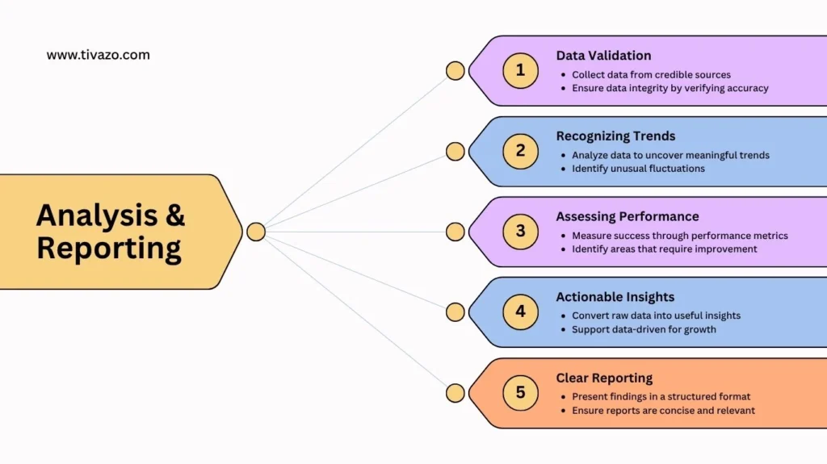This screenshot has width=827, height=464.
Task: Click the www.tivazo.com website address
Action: tap(98, 55)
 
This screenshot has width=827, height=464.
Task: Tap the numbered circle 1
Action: tap(520, 70)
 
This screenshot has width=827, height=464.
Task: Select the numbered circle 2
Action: tap(520, 151)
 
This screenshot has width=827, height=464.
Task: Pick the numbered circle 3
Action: tap(520, 232)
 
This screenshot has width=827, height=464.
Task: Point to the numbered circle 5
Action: tap(520, 393)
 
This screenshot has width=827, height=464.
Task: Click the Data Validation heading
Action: tap(603, 56)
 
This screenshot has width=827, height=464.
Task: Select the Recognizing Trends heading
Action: tap(615, 136)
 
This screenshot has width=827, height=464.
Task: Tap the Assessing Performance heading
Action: tap(628, 216)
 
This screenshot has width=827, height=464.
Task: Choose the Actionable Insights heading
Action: tap(615, 297)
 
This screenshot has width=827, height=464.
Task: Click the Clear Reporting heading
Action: tap(604, 378)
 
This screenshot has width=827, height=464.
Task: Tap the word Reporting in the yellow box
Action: tap(109, 249)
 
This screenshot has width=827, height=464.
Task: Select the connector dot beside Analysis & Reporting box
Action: tap(256, 232)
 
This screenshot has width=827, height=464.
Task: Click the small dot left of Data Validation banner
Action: tap(455, 70)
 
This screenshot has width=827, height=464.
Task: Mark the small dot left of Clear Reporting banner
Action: tap(455, 393)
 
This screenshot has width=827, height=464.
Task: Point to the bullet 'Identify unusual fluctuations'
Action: tap(638, 169)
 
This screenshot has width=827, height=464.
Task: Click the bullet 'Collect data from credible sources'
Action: tap(651, 74)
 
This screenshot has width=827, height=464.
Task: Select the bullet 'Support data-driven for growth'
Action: tap(644, 329)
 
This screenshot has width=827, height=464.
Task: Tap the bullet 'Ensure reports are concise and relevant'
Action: tap(663, 410)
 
